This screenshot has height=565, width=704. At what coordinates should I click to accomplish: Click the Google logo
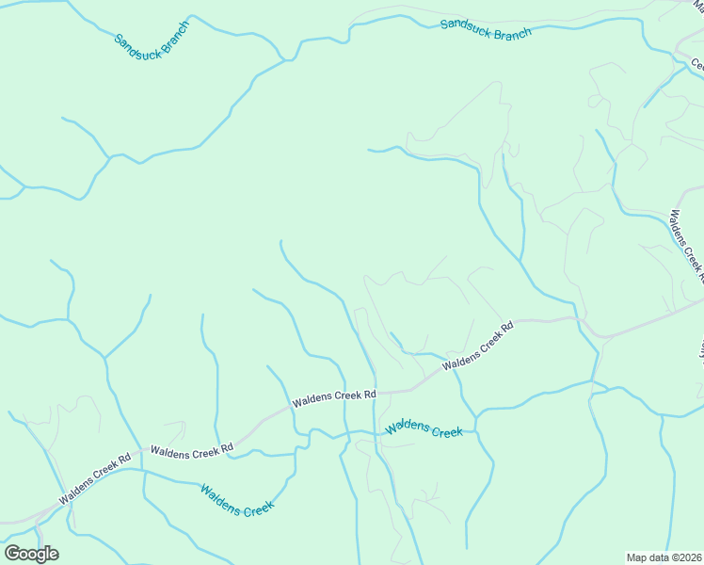(31, 554)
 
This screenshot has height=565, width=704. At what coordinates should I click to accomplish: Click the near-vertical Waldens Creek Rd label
(686, 245)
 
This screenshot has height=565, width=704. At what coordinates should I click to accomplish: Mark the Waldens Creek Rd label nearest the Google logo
(94, 479)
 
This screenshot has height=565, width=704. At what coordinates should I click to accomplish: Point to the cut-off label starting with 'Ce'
(697, 65)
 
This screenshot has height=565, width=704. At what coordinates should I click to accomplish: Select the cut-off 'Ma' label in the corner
(696, 4)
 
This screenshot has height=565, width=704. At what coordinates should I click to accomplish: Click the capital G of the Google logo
(12, 553)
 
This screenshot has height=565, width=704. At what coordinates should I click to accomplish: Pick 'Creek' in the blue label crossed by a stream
(446, 431)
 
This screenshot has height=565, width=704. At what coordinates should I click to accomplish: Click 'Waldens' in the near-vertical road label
(678, 227)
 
